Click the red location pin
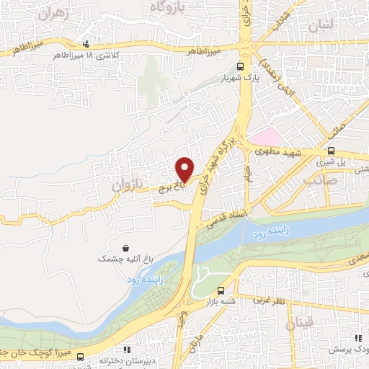click(x=185, y=169)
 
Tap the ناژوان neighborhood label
click(x=127, y=184)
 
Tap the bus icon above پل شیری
click(x=331, y=151)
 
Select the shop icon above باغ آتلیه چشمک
click(x=127, y=246)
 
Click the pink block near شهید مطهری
click(x=267, y=138)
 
